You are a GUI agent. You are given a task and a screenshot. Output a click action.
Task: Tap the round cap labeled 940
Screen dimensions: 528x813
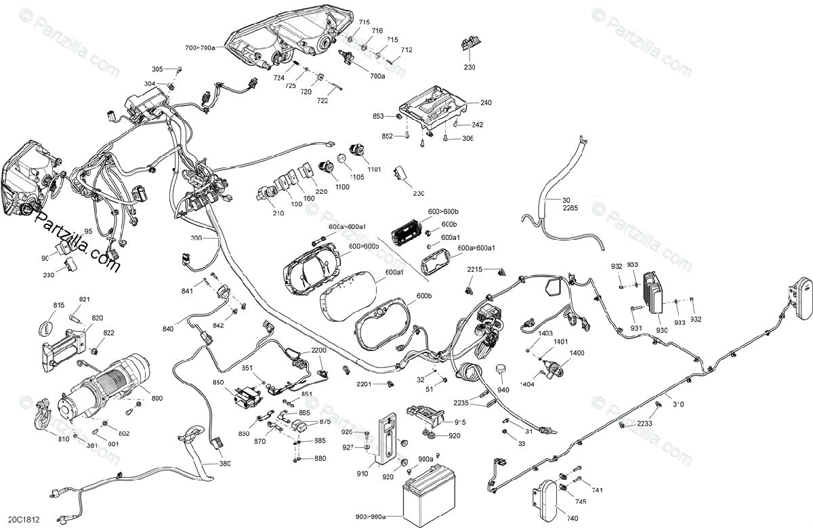pos(502,369)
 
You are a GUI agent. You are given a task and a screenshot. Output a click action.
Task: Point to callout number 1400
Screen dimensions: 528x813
pos(577,354)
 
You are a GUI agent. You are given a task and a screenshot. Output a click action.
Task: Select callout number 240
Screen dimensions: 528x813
pos(486,103)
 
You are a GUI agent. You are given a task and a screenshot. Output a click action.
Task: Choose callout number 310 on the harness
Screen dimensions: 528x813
pos(677,405)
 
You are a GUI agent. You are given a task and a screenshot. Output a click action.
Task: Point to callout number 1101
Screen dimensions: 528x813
pos(375,169)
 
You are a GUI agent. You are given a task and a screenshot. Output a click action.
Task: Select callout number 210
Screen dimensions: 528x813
pos(278,212)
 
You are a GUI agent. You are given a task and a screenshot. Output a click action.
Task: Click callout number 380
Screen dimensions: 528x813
pos(224,464)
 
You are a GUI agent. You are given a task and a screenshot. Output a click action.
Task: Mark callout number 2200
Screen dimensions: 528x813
pos(318,350)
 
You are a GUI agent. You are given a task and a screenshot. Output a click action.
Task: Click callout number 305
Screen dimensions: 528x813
pos(157,69)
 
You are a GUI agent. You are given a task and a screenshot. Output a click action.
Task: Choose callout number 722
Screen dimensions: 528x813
pos(322,101)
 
